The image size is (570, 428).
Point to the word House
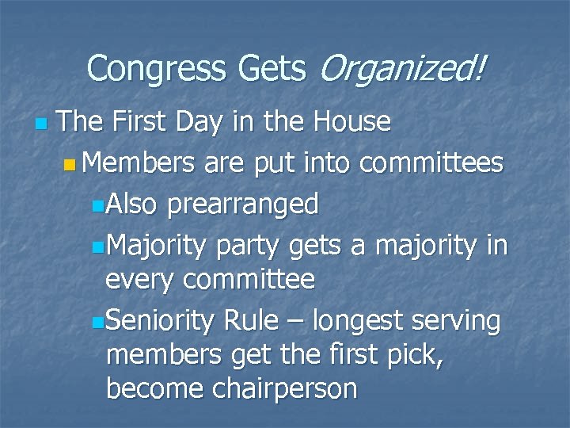click(352, 122)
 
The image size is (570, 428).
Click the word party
click(253, 243)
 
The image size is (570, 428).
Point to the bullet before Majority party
click(97, 244)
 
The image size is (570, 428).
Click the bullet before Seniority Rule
click(97, 320)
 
